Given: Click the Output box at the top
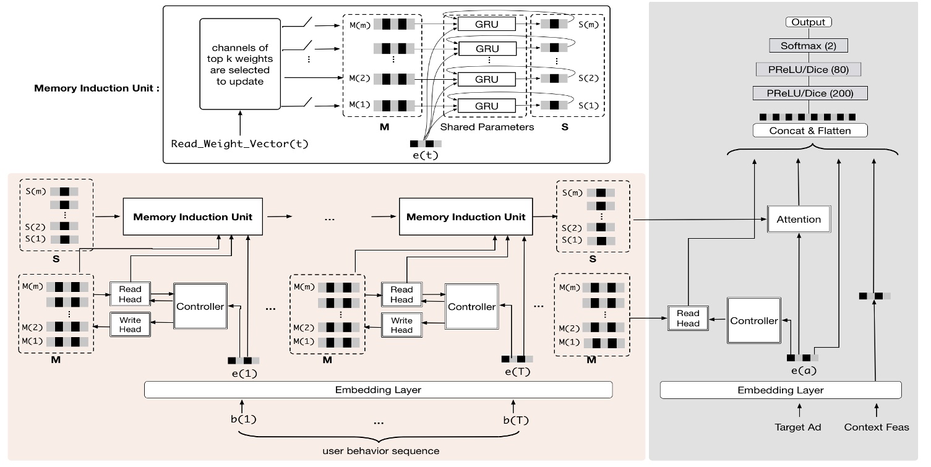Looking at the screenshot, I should click(x=809, y=22).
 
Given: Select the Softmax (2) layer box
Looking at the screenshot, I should click(x=809, y=46).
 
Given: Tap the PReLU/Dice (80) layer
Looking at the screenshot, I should click(x=809, y=69).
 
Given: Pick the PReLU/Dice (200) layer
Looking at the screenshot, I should click(x=809, y=93).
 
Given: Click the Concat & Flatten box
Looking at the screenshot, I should click(x=809, y=131).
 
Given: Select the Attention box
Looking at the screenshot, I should click(x=798, y=219).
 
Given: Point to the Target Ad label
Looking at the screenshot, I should click(x=798, y=427).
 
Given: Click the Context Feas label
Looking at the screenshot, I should click(x=877, y=427).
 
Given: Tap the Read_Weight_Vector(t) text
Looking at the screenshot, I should click(x=239, y=144).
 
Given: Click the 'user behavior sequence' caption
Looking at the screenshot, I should click(x=381, y=451).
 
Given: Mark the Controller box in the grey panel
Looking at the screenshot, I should click(x=753, y=321).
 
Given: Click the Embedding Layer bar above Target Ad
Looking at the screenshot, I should click(x=781, y=390).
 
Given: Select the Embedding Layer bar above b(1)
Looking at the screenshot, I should click(x=378, y=390).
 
